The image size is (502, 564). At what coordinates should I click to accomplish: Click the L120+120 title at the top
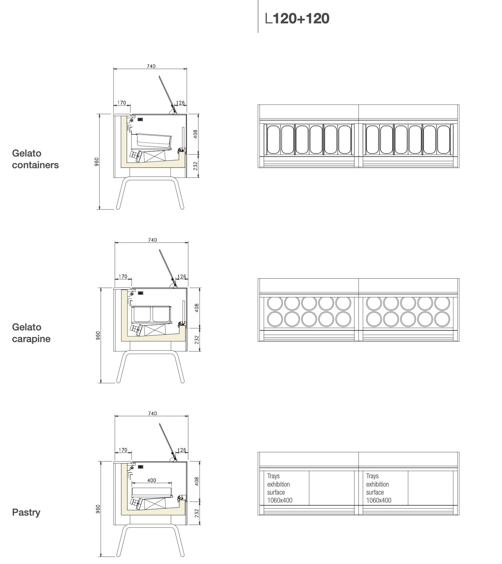point(297,18)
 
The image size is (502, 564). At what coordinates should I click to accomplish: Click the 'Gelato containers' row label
point(35,159)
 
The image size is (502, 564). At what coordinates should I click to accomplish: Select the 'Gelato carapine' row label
point(31,333)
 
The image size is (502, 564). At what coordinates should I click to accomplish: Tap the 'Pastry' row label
point(26,512)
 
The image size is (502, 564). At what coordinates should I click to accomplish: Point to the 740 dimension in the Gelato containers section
point(151,66)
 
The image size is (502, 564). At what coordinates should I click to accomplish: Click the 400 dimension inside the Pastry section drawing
point(152,480)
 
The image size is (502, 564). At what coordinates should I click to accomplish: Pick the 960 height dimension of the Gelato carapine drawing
point(98,335)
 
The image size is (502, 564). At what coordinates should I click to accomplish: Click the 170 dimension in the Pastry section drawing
point(123,450)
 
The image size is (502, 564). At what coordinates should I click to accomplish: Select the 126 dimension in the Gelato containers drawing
point(180,103)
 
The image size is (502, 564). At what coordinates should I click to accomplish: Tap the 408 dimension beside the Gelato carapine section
point(197,307)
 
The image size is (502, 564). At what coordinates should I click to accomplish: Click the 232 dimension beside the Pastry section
point(197,512)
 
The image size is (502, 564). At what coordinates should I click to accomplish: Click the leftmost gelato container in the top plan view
point(273,139)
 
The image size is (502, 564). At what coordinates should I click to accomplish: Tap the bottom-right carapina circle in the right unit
point(443,319)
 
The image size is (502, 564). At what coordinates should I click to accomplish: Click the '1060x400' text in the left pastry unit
point(280,500)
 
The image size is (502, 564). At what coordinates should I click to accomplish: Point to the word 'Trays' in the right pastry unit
point(372,476)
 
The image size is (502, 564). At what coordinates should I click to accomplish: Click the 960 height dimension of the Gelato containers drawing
point(96,162)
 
